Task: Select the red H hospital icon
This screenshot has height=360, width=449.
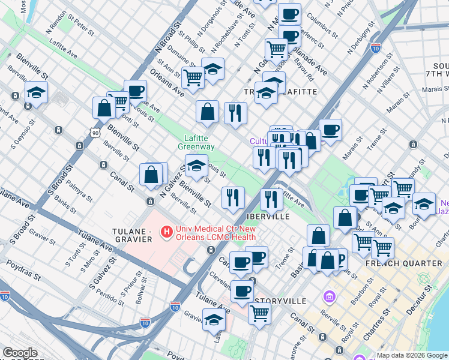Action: pyautogui.click(x=167, y=230)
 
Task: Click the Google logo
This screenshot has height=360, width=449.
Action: pyautogui.click(x=20, y=353)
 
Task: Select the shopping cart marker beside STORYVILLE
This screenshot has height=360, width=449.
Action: pyautogui.click(x=259, y=313)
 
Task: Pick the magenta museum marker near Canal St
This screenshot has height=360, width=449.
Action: pyautogui.click(x=329, y=296)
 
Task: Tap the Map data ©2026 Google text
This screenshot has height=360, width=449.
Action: pyautogui.click(x=412, y=355)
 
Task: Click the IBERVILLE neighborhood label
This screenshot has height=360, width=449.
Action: pyautogui.click(x=268, y=216)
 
